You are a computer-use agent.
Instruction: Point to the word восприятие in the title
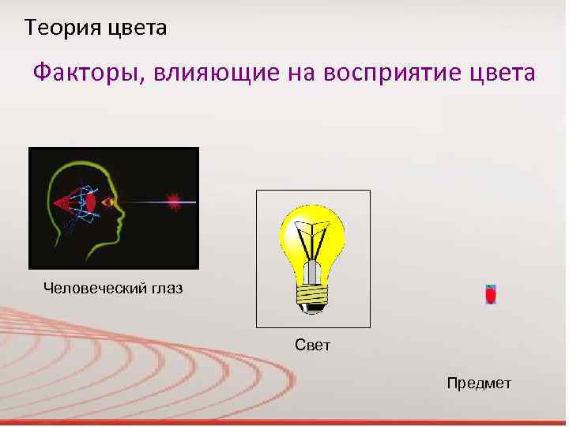click(379, 74)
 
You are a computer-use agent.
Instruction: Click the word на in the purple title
click(287, 74)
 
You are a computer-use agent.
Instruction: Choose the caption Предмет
click(479, 384)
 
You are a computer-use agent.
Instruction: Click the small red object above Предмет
click(490, 295)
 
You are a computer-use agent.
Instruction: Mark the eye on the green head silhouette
click(108, 202)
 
